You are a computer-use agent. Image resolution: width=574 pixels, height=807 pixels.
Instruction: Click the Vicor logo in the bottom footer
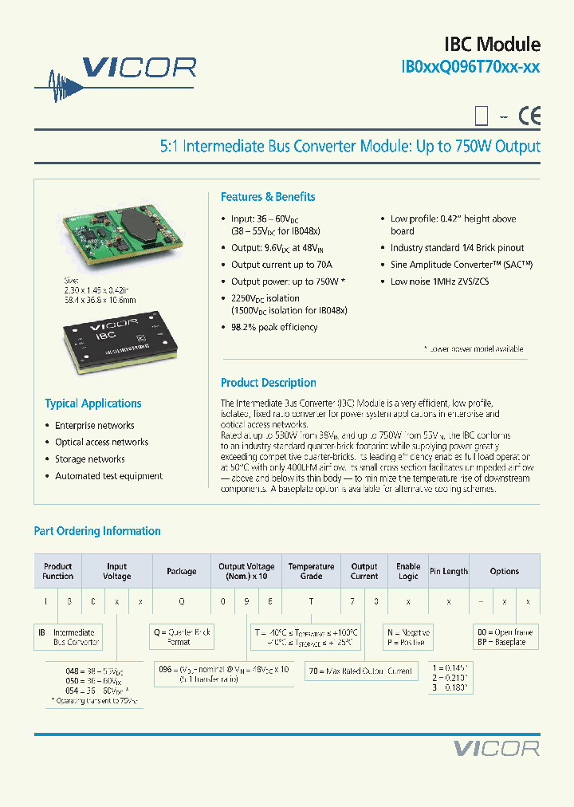point(496,748)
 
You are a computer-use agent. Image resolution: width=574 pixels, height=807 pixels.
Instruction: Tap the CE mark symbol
point(529,116)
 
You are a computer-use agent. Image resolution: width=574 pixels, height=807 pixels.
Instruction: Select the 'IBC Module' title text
point(492,45)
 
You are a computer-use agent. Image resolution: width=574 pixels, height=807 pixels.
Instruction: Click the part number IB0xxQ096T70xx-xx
point(470,68)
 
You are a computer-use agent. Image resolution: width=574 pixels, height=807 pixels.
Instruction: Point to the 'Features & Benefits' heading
point(268,197)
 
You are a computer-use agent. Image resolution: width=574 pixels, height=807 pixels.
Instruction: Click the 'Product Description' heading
point(268,383)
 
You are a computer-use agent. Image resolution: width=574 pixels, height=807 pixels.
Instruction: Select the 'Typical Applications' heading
point(93,403)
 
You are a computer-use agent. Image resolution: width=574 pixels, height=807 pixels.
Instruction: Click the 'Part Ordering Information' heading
point(97,531)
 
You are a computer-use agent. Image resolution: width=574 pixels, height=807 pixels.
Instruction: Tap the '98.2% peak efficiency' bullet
point(274,328)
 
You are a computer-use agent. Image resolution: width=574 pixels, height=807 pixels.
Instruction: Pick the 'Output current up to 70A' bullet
point(281,265)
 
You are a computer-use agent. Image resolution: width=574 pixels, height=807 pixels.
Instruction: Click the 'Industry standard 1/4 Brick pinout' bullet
point(457,248)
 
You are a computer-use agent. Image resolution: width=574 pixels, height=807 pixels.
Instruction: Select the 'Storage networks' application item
point(89,459)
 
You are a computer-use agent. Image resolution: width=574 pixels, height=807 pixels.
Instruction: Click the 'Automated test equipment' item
point(108,476)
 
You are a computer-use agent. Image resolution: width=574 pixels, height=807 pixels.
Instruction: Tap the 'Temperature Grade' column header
point(311,571)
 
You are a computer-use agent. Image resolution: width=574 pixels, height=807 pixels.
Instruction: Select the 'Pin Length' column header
point(449,571)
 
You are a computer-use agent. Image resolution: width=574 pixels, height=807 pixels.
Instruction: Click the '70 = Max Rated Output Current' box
point(362,671)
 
